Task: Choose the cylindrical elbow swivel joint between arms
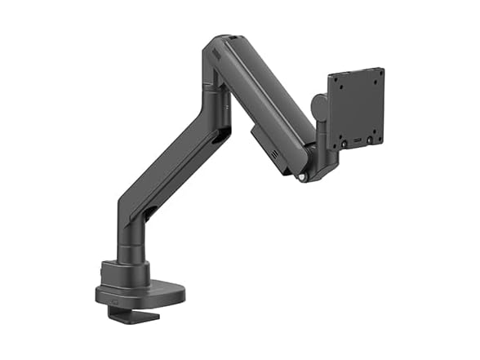(x=215, y=102)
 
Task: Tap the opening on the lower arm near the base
(x=150, y=215)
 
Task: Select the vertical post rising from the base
(x=130, y=245)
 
